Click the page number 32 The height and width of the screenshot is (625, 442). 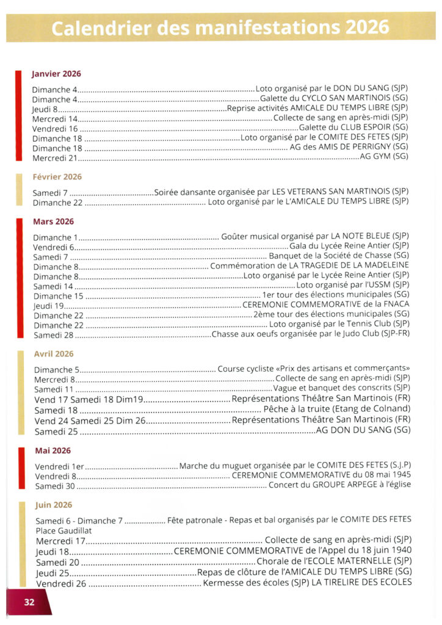pyautogui.click(x=29, y=602)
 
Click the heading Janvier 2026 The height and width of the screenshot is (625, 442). pyautogui.click(x=56, y=74)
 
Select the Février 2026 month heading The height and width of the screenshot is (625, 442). pyautogui.click(x=57, y=177)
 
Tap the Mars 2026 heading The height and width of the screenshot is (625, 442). pyautogui.click(x=53, y=222)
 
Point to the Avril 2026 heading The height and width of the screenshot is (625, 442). pyautogui.click(x=54, y=354)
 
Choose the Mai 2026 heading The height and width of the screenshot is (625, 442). pyautogui.click(x=53, y=451)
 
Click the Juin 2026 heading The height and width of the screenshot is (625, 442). pyautogui.click(x=54, y=505)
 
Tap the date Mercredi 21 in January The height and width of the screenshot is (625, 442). pyautogui.click(x=56, y=158)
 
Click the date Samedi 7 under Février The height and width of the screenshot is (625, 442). pyautogui.click(x=49, y=193)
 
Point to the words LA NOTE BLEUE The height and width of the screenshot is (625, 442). pyautogui.click(x=360, y=236)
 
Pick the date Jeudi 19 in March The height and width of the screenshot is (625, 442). pyautogui.click(x=49, y=305)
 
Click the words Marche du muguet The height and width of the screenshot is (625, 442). pyautogui.click(x=216, y=467)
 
